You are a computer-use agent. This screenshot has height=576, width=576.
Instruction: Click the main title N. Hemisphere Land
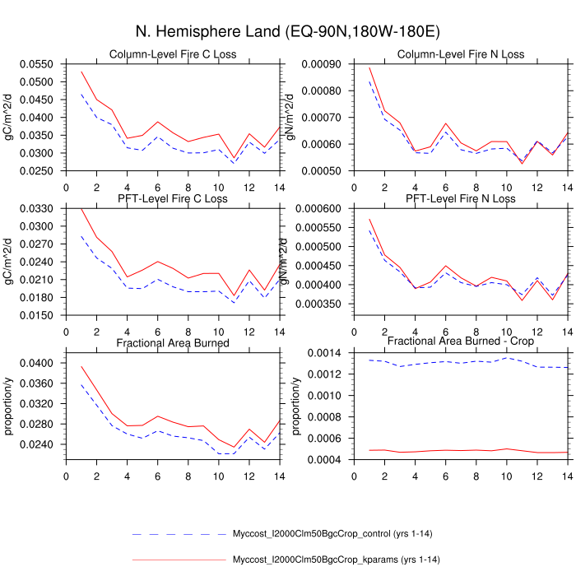(288, 32)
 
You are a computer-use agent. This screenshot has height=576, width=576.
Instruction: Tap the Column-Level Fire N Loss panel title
(460, 55)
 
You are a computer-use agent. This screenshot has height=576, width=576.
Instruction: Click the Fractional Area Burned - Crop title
(460, 341)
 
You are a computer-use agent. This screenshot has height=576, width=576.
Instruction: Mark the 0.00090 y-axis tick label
(324, 64)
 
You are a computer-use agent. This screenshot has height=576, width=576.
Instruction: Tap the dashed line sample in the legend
(178, 535)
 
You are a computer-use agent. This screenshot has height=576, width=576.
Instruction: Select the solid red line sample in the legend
(178, 560)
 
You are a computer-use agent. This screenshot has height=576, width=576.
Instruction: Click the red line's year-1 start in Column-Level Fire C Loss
(81, 72)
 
